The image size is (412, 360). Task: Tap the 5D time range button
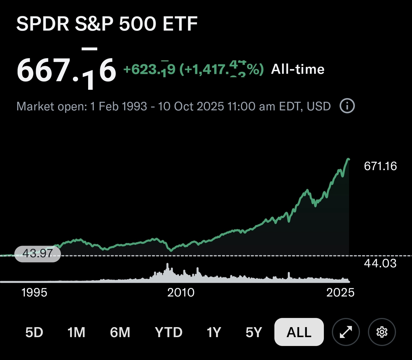click(34, 332)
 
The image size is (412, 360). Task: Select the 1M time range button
click(76, 332)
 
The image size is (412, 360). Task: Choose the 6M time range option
click(120, 332)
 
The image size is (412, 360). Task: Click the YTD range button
click(169, 332)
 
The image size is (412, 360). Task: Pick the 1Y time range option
click(214, 332)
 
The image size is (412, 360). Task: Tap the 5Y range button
click(254, 332)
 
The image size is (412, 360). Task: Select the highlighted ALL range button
click(299, 332)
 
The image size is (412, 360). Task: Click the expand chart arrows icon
click(346, 332)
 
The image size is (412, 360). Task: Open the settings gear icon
click(382, 332)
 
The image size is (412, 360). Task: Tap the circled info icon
click(347, 106)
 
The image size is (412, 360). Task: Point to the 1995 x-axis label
click(34, 293)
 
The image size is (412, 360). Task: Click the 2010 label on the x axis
click(181, 293)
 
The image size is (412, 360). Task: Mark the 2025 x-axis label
click(340, 293)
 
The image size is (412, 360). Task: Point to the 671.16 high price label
click(380, 166)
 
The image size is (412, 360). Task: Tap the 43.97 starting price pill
click(37, 254)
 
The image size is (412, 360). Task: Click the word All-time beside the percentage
click(298, 69)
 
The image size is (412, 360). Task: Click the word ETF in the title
click(180, 23)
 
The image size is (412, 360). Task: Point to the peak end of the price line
click(348, 159)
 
